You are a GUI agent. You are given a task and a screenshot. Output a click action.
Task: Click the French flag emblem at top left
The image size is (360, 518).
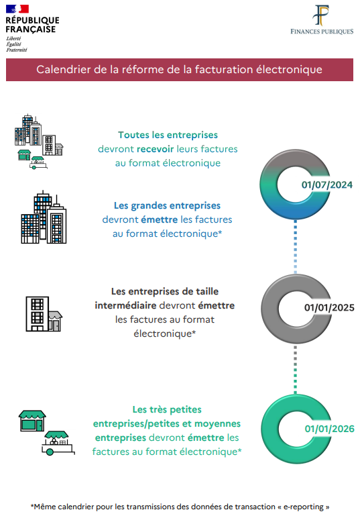[17, 9]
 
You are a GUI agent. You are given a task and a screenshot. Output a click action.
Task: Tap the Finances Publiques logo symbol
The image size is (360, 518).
[321, 15]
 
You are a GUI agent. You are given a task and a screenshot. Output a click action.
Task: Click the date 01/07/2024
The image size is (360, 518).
[327, 185]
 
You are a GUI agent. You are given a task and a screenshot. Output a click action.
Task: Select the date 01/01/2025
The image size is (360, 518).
[329, 307]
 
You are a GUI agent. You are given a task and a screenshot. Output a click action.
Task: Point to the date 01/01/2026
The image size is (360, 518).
[330, 429]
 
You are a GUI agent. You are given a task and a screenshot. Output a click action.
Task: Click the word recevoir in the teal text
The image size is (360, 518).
[155, 149]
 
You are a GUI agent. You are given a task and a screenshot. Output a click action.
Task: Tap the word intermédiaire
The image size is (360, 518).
[125, 305]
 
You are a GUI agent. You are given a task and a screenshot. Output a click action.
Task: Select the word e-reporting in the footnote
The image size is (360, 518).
[304, 507]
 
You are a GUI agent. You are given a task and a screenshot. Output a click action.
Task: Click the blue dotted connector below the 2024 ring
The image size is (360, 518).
[296, 247]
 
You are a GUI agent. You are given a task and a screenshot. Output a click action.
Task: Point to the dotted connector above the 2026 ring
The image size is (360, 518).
[296, 369]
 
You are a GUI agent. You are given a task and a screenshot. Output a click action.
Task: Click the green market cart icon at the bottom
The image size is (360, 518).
[58, 443]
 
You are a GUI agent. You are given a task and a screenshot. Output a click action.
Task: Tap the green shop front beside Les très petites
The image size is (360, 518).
[32, 421]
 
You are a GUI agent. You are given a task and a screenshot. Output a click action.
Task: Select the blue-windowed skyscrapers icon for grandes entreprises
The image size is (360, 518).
[44, 217]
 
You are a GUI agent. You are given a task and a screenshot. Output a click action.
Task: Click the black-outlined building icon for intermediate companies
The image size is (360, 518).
[44, 314]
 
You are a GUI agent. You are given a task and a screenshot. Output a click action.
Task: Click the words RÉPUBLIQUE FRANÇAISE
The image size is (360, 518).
[32, 25]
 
